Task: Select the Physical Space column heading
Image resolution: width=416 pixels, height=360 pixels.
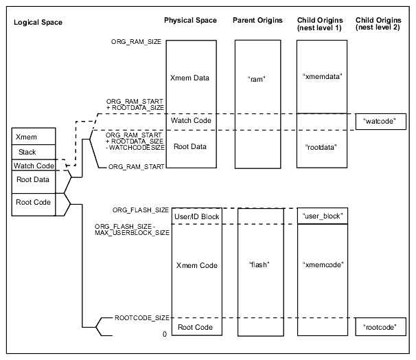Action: point(191,20)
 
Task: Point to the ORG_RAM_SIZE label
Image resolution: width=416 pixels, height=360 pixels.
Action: point(136,42)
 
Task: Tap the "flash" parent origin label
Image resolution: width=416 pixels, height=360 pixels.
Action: point(257,265)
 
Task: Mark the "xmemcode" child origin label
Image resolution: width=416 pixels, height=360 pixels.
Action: point(322,265)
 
